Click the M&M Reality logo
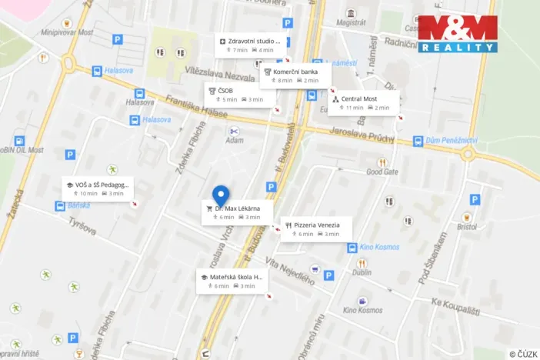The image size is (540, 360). (x=458, y=34)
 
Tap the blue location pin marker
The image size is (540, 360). (x=221, y=195)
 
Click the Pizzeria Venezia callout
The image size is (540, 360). (x=315, y=228)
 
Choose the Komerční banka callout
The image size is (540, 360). (x=295, y=75)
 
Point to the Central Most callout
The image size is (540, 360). (x=364, y=103)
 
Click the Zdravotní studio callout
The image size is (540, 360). (x=251, y=45)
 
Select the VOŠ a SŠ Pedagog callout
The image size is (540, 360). (x=98, y=188)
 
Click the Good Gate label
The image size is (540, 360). (x=382, y=172)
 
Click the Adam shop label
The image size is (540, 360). (x=234, y=140)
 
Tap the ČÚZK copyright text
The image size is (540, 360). (x=523, y=354)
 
